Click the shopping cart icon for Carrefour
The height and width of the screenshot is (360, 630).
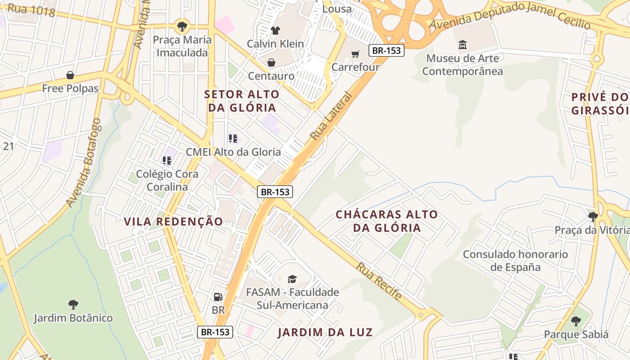[x=355, y=54]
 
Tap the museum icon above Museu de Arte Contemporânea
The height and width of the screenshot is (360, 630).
[x=463, y=45]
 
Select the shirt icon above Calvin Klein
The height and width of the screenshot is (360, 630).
[x=275, y=31]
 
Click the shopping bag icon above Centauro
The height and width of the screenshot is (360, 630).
[x=271, y=63]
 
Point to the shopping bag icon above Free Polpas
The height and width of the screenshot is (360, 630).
[x=70, y=75]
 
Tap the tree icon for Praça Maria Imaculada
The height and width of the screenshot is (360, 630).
[x=182, y=27]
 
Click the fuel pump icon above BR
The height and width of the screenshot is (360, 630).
[x=218, y=297]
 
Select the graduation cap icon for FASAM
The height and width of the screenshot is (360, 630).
[x=292, y=279]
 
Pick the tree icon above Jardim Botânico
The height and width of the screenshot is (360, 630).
[x=73, y=305]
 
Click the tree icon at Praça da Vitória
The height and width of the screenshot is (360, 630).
[x=593, y=217]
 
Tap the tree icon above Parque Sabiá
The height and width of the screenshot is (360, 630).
[x=576, y=321]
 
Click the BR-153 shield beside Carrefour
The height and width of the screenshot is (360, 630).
[x=387, y=50]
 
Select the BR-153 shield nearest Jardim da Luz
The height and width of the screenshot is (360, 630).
[x=216, y=332]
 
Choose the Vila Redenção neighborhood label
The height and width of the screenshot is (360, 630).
[x=173, y=221]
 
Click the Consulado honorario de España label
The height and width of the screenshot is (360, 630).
[x=516, y=261]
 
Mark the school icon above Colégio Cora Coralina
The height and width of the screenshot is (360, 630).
[x=167, y=160]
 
